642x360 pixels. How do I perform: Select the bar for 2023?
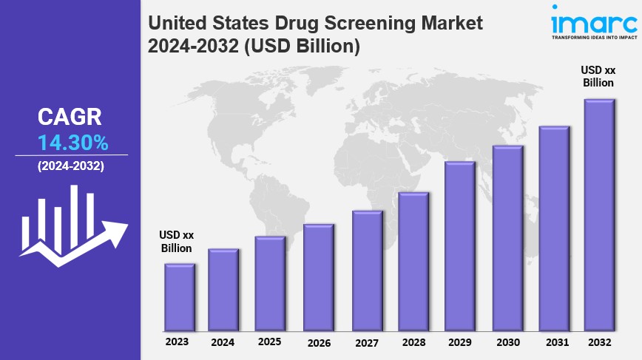coord(180,296)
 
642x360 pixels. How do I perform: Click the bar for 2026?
coord(319,276)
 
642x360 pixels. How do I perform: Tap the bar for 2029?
coord(459,245)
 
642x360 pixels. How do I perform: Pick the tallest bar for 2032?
coord(599,214)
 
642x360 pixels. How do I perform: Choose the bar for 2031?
coord(553,228)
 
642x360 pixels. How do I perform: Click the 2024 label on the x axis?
coord(223,342)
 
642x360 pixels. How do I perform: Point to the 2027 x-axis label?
coord(367,342)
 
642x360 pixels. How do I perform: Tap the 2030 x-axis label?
coord(507,342)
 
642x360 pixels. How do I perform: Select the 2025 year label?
coord(270,342)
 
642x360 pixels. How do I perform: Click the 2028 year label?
coord(414,342)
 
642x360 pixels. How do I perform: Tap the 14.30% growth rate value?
coord(72,141)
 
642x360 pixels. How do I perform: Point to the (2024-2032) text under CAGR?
coord(71,166)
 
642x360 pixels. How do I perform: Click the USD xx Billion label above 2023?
coord(177,242)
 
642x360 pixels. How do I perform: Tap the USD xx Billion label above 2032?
coord(598,75)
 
